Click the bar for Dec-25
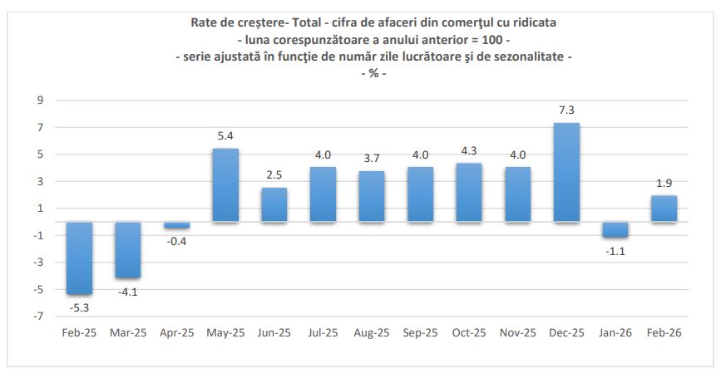(566, 172)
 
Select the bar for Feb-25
(79, 258)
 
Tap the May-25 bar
(225, 185)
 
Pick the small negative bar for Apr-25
(176, 225)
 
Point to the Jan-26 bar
(615, 229)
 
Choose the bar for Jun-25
(274, 204)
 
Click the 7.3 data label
(566, 110)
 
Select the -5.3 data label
(79, 308)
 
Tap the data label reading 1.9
(664, 182)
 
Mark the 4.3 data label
(469, 150)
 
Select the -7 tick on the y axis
(37, 317)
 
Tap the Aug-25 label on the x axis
(372, 332)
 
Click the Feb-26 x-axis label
(664, 332)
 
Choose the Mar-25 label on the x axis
(127, 332)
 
